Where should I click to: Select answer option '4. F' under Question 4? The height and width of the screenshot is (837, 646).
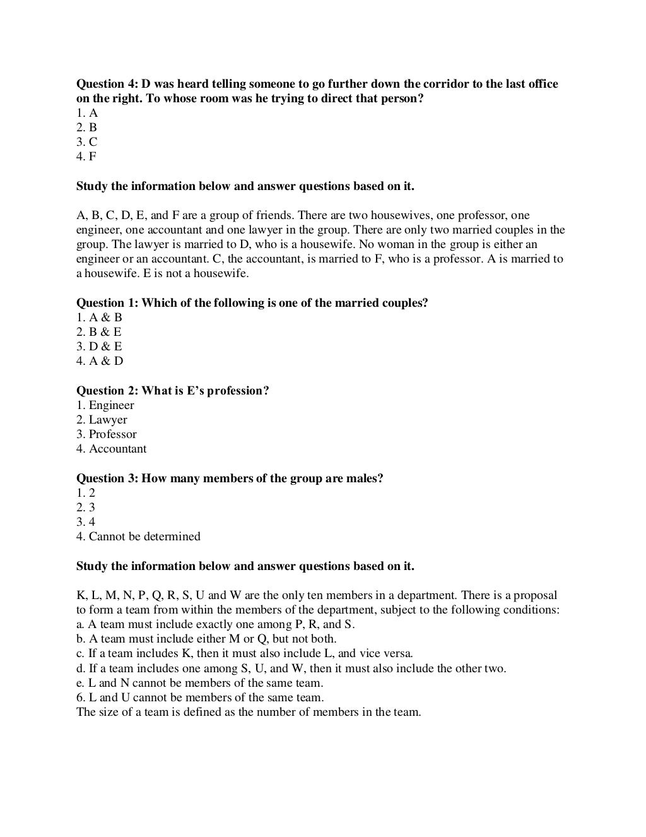[x=86, y=157]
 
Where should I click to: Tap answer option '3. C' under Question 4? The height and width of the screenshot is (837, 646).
[x=87, y=142]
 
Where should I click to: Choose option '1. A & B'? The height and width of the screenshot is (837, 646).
[x=99, y=318]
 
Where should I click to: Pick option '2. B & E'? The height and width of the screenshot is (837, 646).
[x=99, y=332]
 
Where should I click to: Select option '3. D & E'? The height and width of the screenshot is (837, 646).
[x=99, y=347]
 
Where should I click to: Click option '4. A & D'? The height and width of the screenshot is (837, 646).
[x=100, y=361]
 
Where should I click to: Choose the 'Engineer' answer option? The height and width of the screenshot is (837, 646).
[x=111, y=405]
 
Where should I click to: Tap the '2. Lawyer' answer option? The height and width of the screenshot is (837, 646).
[x=102, y=420]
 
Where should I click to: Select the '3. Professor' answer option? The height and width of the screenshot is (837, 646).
[x=106, y=434]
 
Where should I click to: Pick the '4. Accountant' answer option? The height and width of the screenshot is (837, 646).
[x=111, y=449]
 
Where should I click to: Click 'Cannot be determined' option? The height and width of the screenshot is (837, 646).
[x=144, y=537]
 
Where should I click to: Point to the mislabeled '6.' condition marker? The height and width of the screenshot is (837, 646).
[x=80, y=697]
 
